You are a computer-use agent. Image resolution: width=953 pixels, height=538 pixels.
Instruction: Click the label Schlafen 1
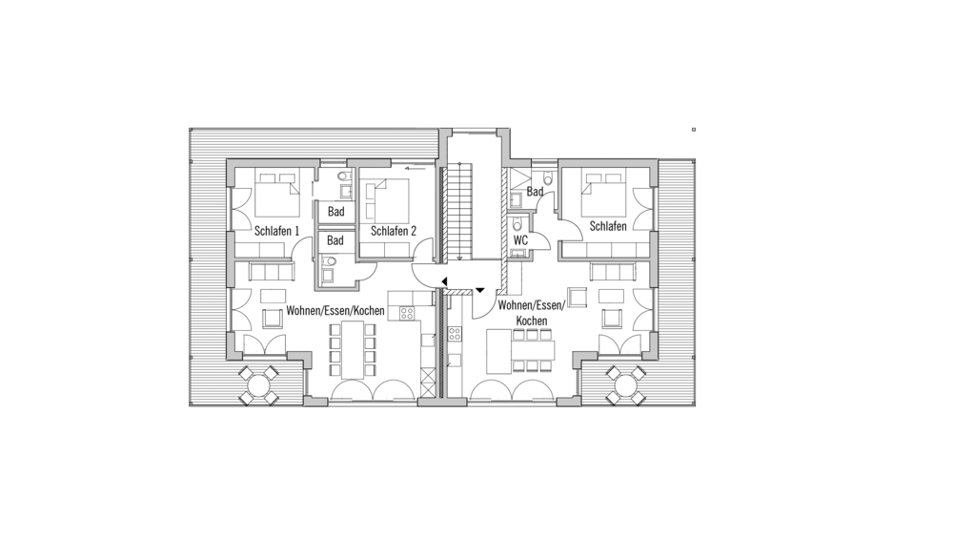276,231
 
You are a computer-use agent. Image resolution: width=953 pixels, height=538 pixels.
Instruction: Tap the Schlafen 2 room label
394,231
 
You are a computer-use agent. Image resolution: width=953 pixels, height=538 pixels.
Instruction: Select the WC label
520,240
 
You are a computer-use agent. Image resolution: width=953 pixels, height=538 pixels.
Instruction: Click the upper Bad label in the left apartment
335,212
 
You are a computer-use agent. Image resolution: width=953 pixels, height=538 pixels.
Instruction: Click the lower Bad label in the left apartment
335,240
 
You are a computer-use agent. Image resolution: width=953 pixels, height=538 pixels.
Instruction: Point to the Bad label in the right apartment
535,192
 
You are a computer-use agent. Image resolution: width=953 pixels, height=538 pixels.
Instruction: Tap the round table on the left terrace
259,385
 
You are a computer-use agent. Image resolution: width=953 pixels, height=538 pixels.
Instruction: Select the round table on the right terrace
626,385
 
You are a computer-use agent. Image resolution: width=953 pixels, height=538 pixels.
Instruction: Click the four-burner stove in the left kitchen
406,314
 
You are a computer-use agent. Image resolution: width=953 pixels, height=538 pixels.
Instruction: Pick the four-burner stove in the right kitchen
455,334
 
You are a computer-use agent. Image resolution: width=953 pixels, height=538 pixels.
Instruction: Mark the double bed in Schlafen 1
277,193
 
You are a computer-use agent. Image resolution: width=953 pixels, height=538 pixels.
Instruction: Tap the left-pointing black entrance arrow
445,281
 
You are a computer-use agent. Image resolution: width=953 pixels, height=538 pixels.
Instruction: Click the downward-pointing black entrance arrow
480,290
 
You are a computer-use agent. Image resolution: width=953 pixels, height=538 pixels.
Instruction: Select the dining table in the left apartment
353,350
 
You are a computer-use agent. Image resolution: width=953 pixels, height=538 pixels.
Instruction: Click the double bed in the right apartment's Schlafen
603,195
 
